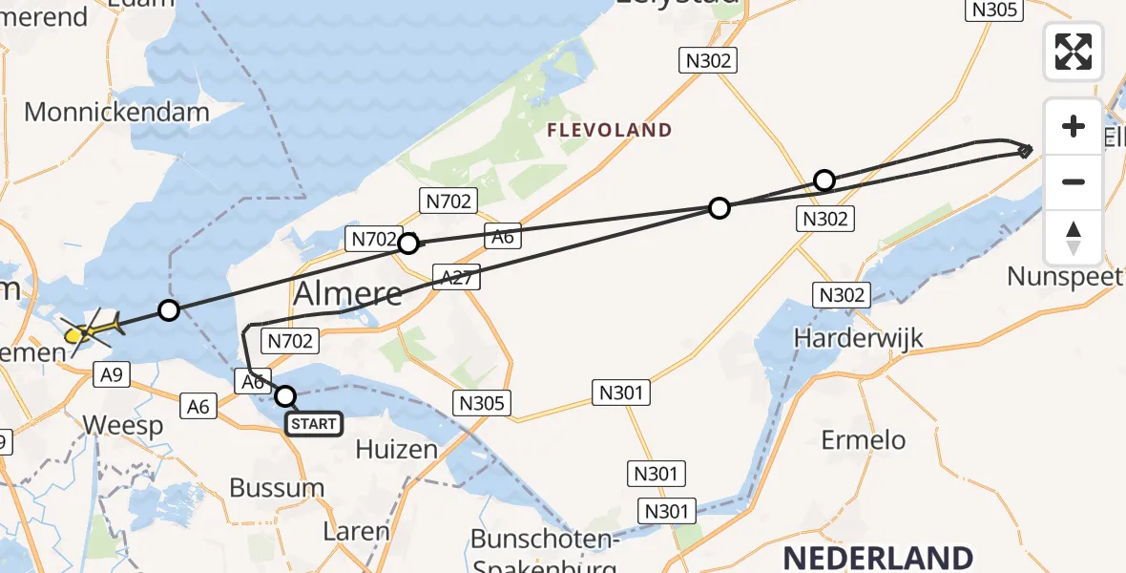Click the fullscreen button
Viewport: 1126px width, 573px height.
click(1074, 52)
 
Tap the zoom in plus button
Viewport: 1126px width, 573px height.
click(1074, 126)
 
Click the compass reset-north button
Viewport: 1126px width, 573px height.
click(1074, 238)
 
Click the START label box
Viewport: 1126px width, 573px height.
click(314, 423)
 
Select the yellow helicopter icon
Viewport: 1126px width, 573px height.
click(89, 330)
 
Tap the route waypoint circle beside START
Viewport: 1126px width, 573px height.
click(285, 395)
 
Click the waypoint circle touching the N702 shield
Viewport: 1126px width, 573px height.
click(408, 244)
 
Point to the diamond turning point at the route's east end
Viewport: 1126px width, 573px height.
click(1025, 150)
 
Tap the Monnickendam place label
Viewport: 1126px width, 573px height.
click(116, 112)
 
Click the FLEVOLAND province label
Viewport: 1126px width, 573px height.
click(609, 130)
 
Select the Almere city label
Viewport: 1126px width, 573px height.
click(348, 294)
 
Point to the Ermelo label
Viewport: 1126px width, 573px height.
click(864, 440)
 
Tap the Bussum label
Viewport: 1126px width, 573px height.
click(277, 487)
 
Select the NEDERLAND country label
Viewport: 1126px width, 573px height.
click(879, 558)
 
